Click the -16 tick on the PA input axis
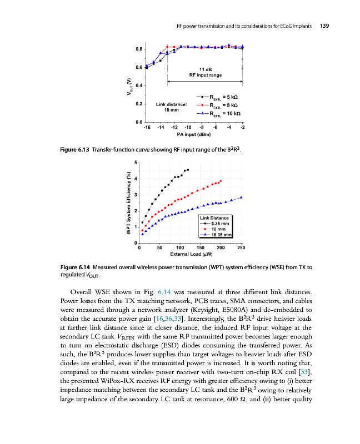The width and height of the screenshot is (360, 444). point(146,128)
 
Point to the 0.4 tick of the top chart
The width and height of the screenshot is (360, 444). point(138,85)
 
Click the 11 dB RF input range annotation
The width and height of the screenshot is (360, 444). point(205,72)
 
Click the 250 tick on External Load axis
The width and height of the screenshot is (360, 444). point(241,248)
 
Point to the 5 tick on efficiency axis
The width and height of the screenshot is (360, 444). point(136,162)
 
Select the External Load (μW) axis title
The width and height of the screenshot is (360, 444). point(192,255)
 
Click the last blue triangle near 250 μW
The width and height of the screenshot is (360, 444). point(241,198)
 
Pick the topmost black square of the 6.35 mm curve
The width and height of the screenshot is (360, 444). point(188,169)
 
